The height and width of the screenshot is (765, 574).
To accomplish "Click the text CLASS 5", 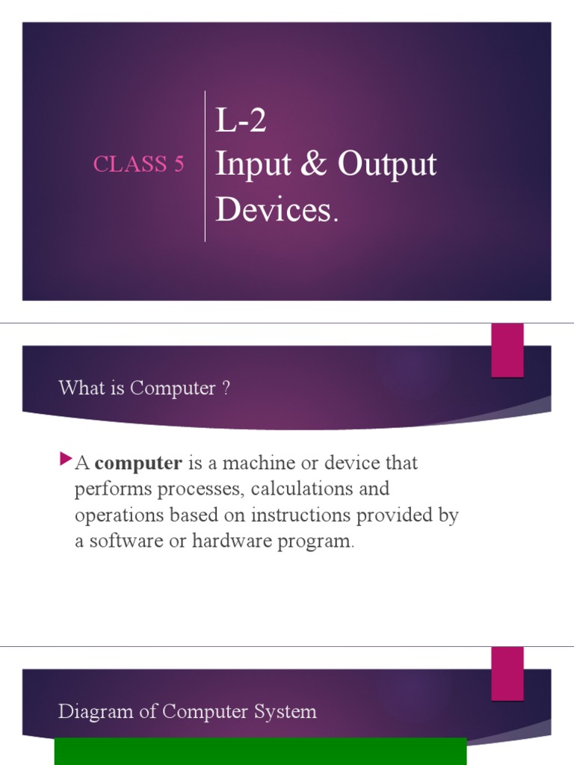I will (x=138, y=164).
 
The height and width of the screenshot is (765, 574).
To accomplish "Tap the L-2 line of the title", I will (x=241, y=121).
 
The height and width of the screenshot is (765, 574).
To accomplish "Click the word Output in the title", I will (x=386, y=165).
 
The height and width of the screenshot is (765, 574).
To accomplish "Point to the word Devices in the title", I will (x=272, y=210).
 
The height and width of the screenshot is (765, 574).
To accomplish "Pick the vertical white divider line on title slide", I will (x=206, y=166).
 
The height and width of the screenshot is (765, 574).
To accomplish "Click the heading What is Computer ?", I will (x=144, y=388).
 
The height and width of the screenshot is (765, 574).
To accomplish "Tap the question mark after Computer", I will (x=226, y=388).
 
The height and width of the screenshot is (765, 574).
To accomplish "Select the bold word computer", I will (x=139, y=463).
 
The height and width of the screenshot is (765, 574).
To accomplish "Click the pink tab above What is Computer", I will (x=507, y=350).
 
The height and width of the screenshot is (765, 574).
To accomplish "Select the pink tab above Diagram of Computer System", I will (x=507, y=673).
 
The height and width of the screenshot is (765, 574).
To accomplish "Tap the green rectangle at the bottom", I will (x=260, y=752).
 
